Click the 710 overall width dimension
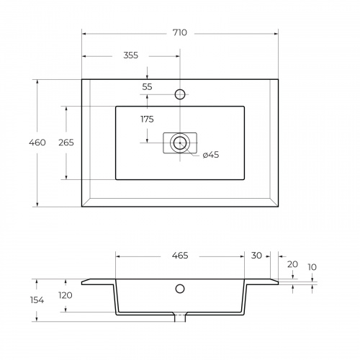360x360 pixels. click(x=180, y=32)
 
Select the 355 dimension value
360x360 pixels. click(x=131, y=55)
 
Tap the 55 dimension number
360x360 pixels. click(x=147, y=86)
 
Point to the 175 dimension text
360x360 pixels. click(x=147, y=119)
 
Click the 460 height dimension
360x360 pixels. click(x=37, y=143)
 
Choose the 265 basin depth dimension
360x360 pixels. click(x=66, y=143)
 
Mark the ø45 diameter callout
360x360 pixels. click(x=211, y=155)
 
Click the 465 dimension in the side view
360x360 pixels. click(x=180, y=256)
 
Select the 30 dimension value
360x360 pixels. click(x=256, y=256)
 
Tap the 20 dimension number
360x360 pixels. click(x=292, y=264)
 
